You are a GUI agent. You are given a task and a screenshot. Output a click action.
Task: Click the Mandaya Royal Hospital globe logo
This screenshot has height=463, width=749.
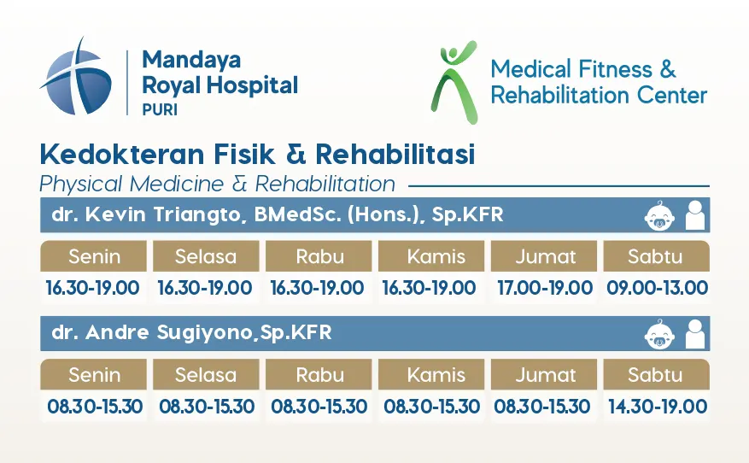click(x=76, y=79)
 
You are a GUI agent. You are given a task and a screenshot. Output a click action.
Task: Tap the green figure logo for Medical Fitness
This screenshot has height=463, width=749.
click(x=454, y=82)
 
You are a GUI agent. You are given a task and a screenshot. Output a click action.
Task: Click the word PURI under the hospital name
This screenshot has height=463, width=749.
click(x=160, y=109)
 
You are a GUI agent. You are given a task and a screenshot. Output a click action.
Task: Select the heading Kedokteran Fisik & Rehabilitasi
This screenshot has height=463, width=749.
click(x=257, y=155)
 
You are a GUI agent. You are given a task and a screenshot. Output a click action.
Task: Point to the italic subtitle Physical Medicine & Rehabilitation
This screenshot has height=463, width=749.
click(x=218, y=184)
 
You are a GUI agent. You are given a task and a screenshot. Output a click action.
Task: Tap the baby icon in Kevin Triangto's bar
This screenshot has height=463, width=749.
click(x=659, y=215)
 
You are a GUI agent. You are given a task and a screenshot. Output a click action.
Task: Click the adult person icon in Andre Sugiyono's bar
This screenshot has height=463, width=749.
click(x=695, y=334)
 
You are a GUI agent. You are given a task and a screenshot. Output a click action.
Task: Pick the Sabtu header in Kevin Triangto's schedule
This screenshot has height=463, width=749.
click(x=656, y=256)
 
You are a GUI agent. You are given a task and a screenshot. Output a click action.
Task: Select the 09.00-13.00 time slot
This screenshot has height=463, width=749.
click(x=658, y=288)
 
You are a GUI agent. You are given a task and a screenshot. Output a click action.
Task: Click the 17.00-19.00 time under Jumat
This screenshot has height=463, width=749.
click(x=545, y=288)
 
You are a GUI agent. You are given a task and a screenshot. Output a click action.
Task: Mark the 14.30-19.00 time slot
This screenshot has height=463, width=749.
click(x=658, y=406)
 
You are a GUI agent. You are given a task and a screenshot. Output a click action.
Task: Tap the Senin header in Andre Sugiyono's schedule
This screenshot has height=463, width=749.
click(x=94, y=375)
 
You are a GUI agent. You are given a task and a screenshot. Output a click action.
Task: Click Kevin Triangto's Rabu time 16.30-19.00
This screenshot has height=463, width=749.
click(x=317, y=288)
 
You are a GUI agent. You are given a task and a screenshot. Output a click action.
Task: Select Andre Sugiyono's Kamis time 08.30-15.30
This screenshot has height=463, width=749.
click(x=431, y=406)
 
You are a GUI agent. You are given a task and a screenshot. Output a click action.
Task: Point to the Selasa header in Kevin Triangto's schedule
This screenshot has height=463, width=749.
click(x=206, y=256)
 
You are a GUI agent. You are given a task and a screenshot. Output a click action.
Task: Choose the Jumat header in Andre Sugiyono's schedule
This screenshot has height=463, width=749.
click(x=544, y=375)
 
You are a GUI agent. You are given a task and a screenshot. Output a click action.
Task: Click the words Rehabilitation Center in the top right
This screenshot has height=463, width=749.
click(x=599, y=95)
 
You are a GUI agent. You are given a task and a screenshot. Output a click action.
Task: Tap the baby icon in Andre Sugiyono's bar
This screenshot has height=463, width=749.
click(x=659, y=334)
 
